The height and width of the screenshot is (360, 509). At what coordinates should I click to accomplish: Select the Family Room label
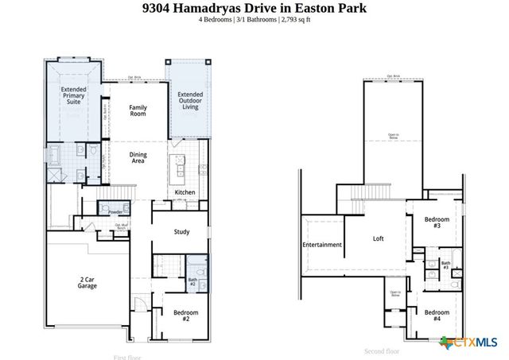[138, 111]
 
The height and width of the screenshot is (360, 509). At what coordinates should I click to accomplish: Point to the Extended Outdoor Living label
[189, 101]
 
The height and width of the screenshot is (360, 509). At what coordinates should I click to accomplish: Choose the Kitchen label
[185, 193]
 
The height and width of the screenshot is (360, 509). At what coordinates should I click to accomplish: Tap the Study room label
[181, 232]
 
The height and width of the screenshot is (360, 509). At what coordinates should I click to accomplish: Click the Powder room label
[115, 212]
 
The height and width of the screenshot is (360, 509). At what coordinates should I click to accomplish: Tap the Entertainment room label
[321, 245]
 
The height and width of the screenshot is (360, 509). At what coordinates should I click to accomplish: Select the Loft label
[379, 238]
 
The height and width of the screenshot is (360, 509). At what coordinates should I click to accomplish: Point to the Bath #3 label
[446, 265]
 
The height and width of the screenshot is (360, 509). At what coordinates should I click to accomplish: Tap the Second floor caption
[382, 351]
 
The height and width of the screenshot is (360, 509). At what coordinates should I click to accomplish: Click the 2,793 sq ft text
[293, 19]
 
